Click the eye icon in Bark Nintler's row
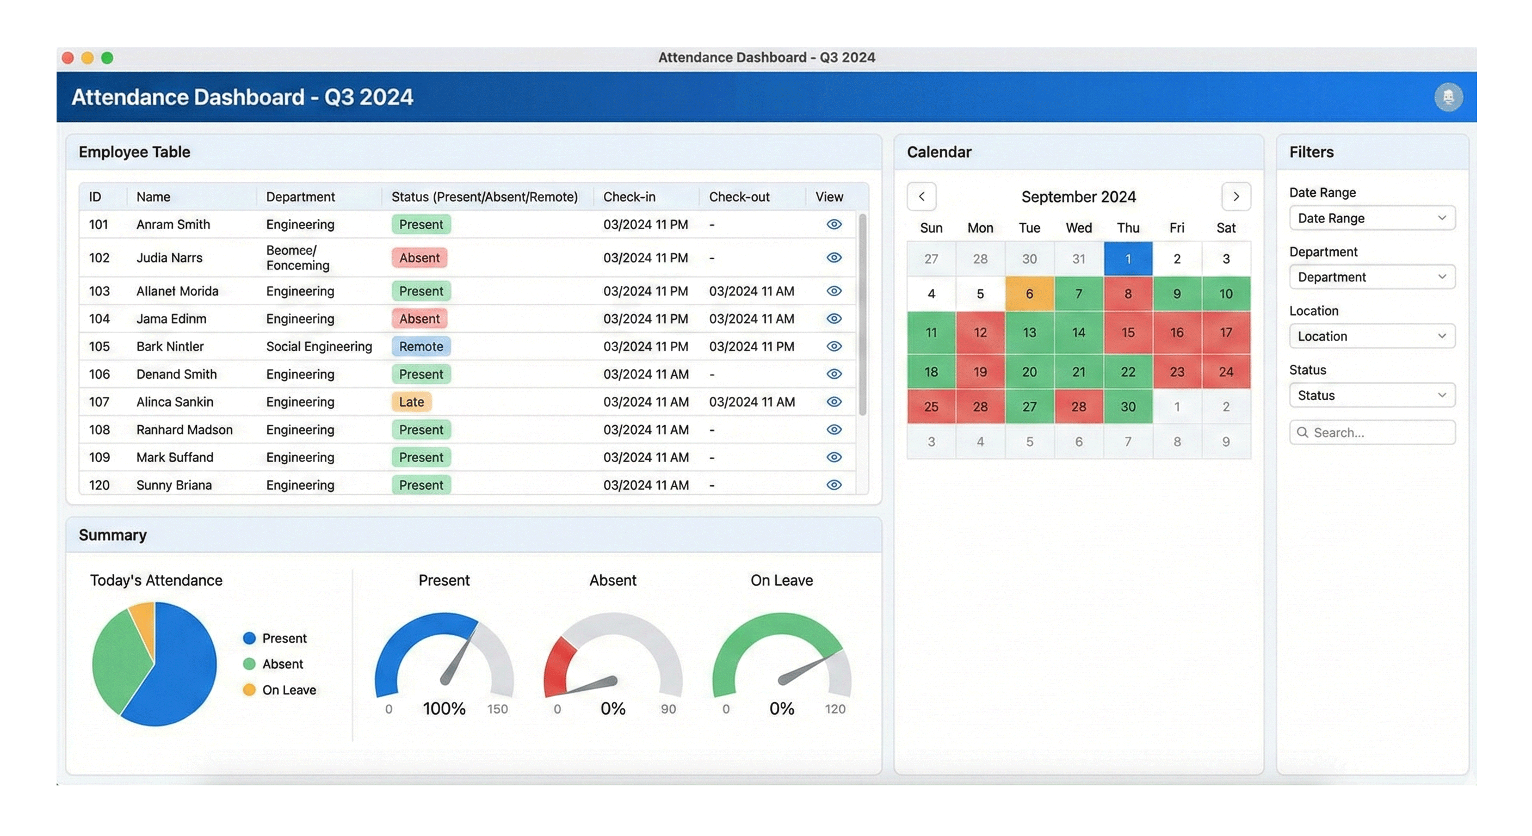[x=834, y=346]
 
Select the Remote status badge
[x=421, y=346]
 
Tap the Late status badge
[x=411, y=402]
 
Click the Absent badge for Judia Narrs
[x=419, y=257]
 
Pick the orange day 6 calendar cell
[x=1029, y=293]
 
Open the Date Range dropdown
[x=1372, y=218]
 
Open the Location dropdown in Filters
[x=1372, y=336]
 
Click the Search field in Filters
[x=1372, y=433]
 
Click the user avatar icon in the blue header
[x=1448, y=97]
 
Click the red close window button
[x=68, y=58]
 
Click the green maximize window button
[x=107, y=58]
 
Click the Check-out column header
[x=739, y=197]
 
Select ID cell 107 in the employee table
[x=98, y=402]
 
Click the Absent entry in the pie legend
[x=282, y=664]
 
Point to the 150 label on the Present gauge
[x=497, y=709]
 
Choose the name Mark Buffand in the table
[x=174, y=457]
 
